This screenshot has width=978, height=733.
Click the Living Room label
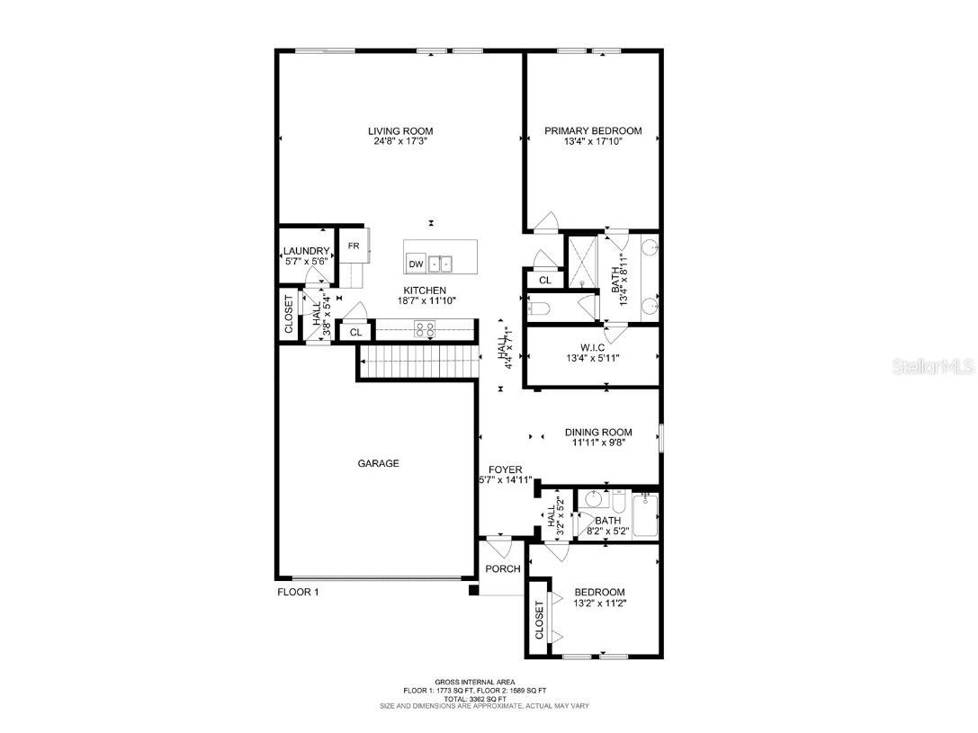tap(399, 130)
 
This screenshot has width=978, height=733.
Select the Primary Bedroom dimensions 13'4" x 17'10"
tap(593, 142)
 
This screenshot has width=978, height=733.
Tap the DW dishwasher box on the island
tap(416, 264)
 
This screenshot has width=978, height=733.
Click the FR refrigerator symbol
tap(354, 246)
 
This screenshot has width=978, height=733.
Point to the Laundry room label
tap(306, 251)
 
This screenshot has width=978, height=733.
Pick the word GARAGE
tap(378, 463)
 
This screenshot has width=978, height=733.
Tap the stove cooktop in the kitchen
tap(424, 329)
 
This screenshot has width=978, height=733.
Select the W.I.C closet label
tap(593, 345)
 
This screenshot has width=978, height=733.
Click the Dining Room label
tap(598, 432)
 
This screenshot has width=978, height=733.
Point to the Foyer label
tap(506, 469)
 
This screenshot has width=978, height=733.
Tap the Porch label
tap(502, 568)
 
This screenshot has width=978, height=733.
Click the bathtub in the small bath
tap(645, 516)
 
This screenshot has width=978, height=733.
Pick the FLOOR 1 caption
tap(298, 593)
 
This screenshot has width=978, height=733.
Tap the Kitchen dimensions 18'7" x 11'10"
tap(425, 301)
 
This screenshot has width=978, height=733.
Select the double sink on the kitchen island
tap(441, 264)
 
